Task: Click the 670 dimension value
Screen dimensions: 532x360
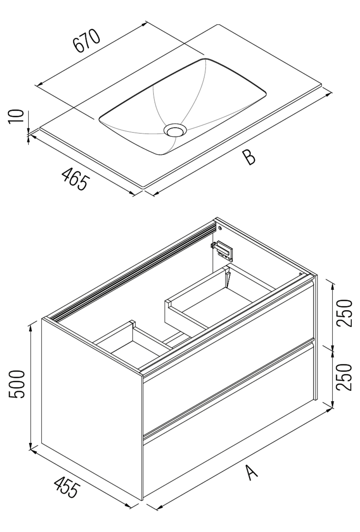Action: [x=87, y=40]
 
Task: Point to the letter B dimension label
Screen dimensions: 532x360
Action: [x=249, y=157]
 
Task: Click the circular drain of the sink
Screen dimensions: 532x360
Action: [x=175, y=130]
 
